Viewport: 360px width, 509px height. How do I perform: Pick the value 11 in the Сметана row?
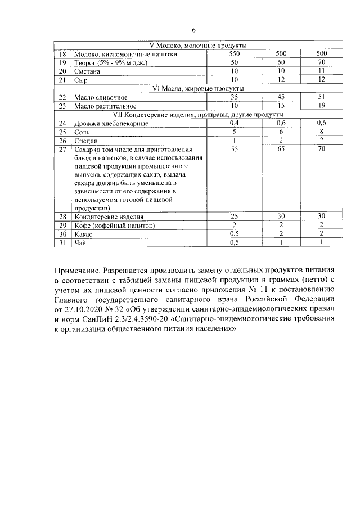[x=322, y=71]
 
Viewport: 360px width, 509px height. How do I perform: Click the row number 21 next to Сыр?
[x=63, y=80]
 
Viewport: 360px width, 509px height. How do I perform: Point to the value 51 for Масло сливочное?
[x=322, y=97]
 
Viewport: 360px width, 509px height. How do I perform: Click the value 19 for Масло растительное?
[x=322, y=106]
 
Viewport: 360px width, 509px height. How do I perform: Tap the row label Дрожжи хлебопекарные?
[x=105, y=123]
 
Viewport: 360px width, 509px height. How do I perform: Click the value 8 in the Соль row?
[x=322, y=132]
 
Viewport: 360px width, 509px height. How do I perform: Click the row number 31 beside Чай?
[x=63, y=242]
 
